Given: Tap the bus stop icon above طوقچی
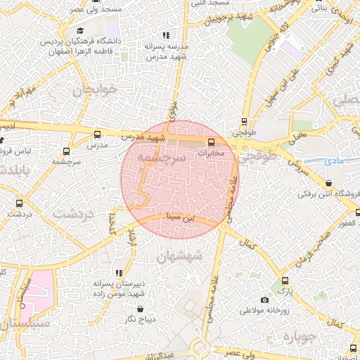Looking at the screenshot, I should point(245,120).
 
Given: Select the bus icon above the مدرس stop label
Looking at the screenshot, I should point(97,134).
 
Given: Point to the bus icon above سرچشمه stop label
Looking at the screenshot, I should point(67,150).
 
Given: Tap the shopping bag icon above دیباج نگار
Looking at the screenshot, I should point(140,309).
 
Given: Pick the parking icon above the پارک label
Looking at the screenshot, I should point(283,280).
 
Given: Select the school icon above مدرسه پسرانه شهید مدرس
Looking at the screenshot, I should point(166,34).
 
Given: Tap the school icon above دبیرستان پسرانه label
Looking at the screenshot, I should point(119,272).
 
